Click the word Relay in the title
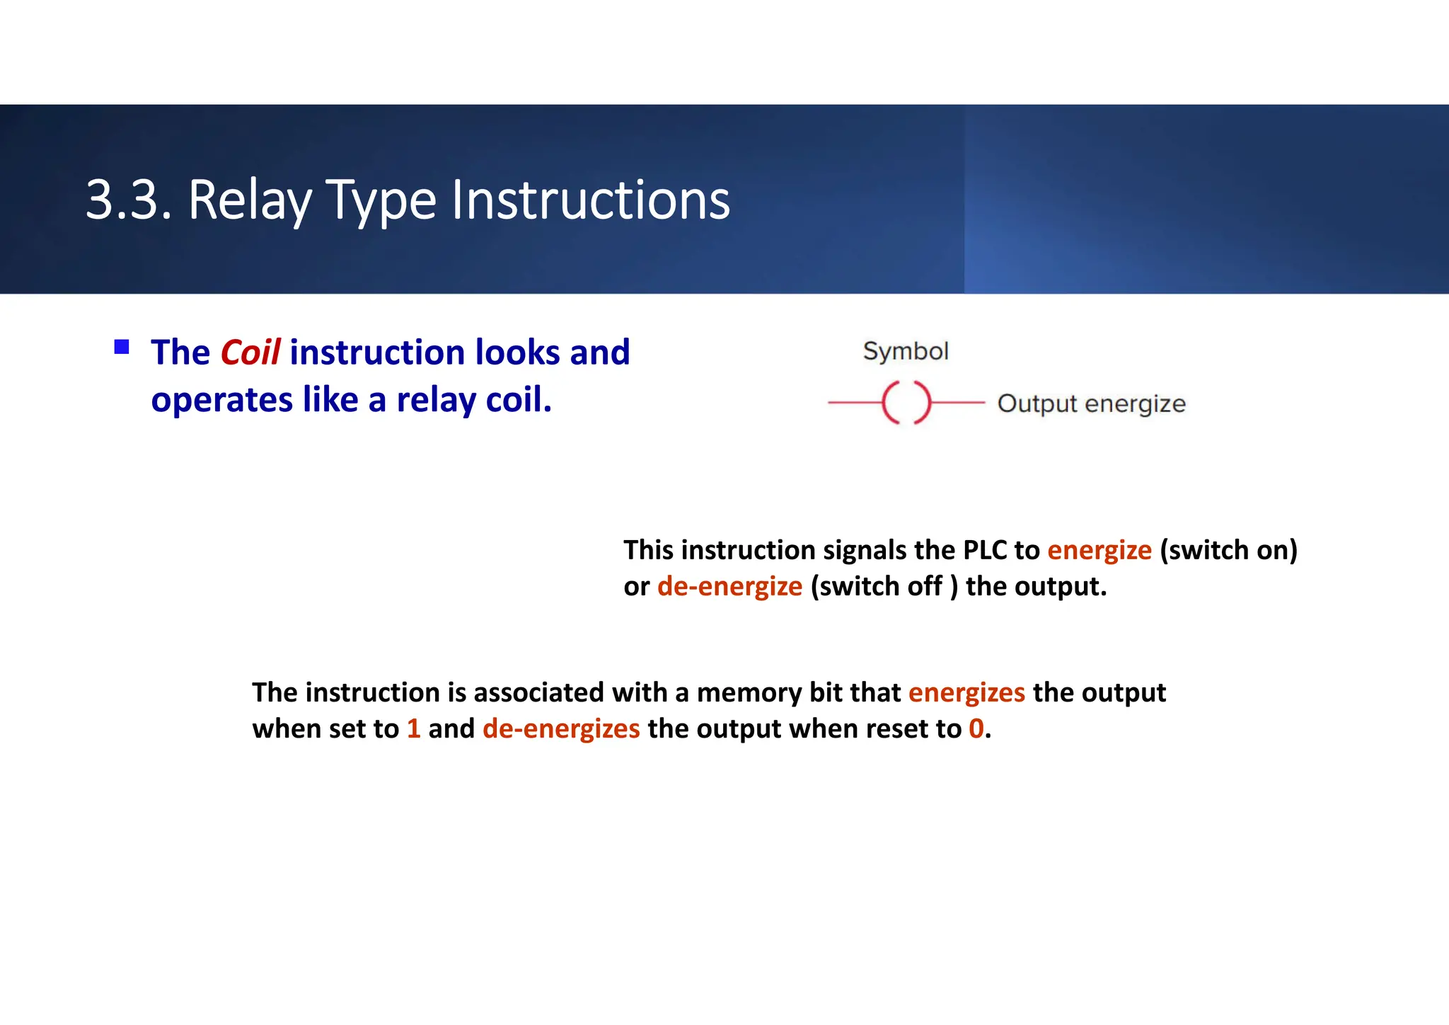(x=250, y=200)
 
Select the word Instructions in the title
(x=590, y=200)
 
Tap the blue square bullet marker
(x=122, y=347)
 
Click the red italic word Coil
(x=250, y=353)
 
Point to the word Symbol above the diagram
(x=905, y=351)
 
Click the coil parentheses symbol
(x=906, y=403)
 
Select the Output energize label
(x=1091, y=403)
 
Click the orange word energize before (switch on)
(x=1099, y=550)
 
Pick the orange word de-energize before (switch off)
(x=729, y=587)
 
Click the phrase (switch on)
(x=1228, y=550)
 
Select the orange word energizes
(x=966, y=692)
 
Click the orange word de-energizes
(x=561, y=729)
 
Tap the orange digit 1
(x=414, y=729)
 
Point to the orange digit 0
(x=976, y=729)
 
